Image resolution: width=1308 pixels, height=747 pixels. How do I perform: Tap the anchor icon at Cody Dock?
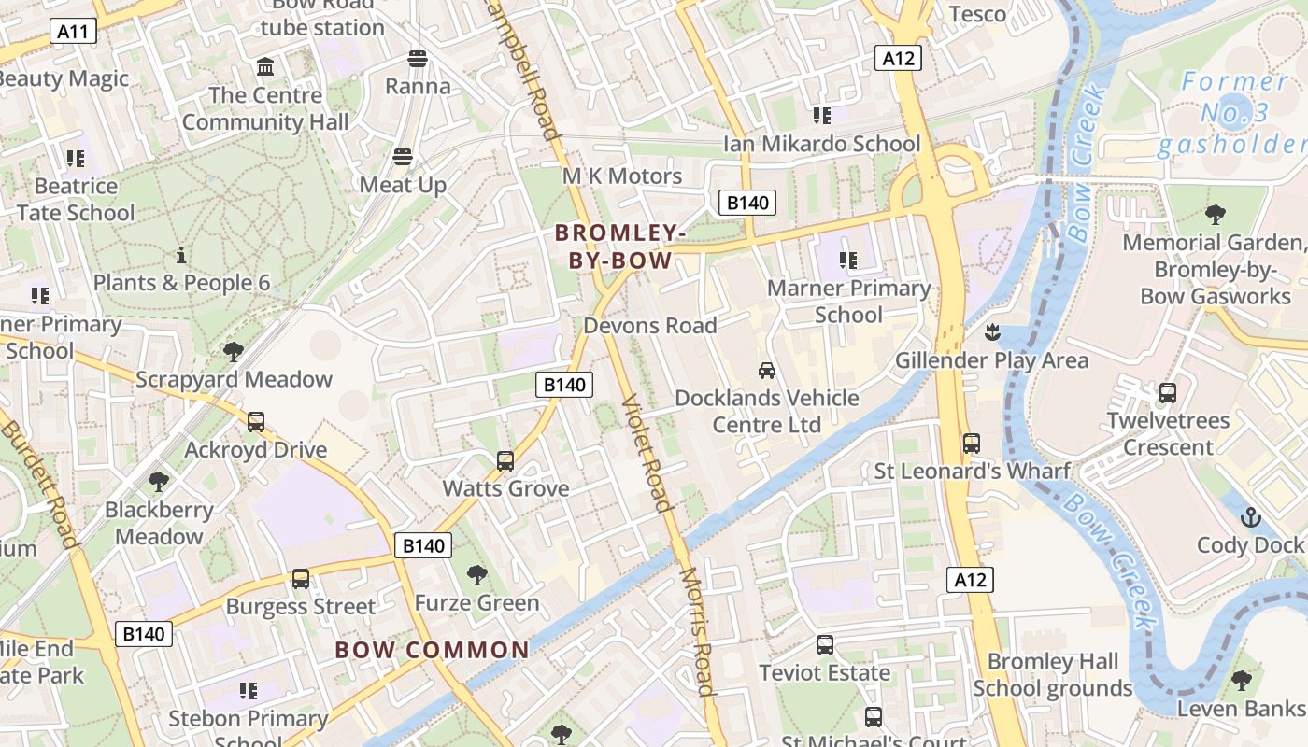coord(1250,516)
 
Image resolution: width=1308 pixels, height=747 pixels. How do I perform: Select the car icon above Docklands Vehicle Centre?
coord(767,370)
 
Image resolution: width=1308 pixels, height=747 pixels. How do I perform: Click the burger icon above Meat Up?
coord(403,156)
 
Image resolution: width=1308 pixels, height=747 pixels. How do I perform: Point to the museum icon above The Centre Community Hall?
coord(265,67)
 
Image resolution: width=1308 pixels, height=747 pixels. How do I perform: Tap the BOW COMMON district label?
coord(432,650)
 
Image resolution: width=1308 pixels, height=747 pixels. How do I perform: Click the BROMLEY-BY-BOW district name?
coord(620,247)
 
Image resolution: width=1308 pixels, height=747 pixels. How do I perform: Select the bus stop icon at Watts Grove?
coord(505,460)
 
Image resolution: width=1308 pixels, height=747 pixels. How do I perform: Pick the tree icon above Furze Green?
coord(477,574)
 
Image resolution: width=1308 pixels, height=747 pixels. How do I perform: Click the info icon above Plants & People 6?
coord(181,255)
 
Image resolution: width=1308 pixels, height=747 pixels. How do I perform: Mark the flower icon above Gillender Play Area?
coord(992,331)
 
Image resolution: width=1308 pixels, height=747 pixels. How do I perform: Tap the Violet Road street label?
coord(647,453)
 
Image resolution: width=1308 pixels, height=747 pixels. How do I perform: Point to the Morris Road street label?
coord(697,632)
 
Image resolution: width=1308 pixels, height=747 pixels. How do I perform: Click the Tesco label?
coord(977,14)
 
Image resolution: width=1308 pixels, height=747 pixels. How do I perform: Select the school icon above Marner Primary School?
coord(848,261)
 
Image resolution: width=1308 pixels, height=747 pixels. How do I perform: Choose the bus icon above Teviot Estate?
coord(825,644)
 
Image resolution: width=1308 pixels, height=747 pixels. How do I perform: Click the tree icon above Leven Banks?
coord(1241,681)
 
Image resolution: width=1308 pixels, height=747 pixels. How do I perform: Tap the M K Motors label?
coord(622,176)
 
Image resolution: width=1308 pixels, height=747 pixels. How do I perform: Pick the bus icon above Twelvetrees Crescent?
coord(1168,393)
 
